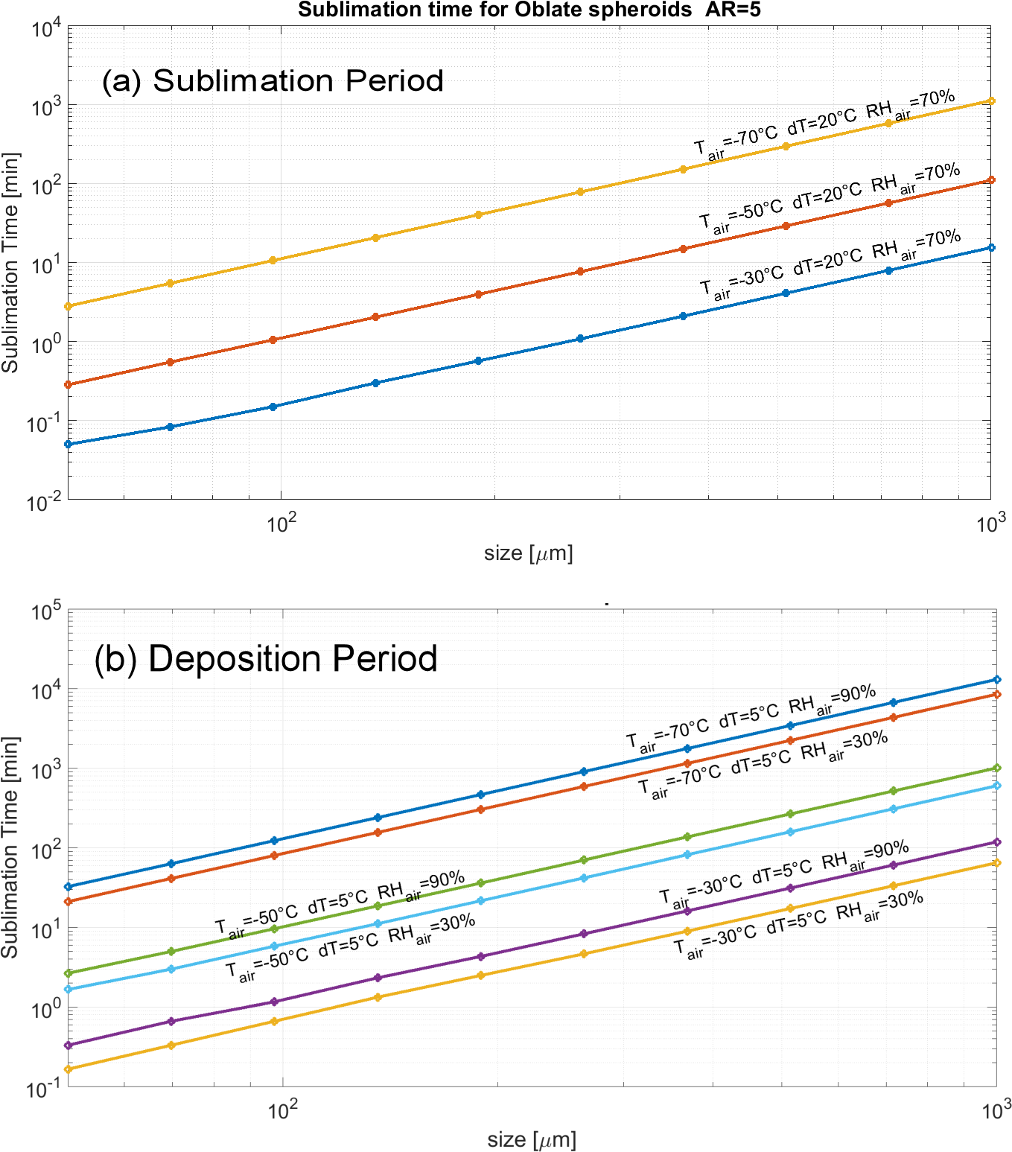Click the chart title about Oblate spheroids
tap(529, 10)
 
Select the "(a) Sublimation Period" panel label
tap(273, 80)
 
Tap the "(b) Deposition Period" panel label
tap(266, 658)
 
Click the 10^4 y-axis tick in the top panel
tap(45, 29)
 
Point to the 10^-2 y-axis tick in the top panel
tap(45, 503)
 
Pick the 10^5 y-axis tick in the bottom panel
tap(45, 612)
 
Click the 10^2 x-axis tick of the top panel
tap(281, 524)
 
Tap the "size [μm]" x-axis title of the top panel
tap(529, 553)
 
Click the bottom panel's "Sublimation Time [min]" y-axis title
tap(10, 847)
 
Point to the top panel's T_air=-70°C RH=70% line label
tap(824, 124)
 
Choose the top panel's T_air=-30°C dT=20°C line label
tap(830, 264)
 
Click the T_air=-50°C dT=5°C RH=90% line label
tap(340, 904)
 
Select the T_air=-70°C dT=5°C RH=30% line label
tap(763, 765)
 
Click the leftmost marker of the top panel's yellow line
tap(69, 306)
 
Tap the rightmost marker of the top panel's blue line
tap(990, 247)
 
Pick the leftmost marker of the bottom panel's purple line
tap(69, 1045)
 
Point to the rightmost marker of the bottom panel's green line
tap(996, 768)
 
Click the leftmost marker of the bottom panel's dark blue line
tap(69, 886)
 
